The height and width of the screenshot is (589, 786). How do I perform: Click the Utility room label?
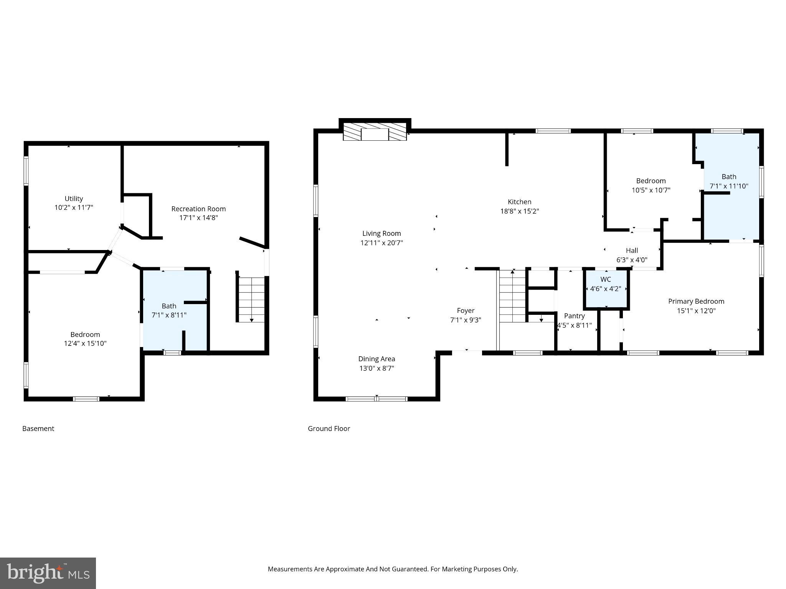74,199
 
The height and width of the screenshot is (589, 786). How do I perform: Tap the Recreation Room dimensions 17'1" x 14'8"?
198,218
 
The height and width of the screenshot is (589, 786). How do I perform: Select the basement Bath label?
169,306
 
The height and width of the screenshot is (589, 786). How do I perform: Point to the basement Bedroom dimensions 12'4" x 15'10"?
85,344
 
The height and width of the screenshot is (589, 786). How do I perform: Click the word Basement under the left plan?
38,429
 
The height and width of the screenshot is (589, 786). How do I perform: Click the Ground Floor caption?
329,429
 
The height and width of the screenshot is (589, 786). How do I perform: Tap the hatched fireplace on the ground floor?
375,132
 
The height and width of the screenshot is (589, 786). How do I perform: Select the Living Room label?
381,234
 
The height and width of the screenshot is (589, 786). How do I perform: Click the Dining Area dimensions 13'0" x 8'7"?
376,369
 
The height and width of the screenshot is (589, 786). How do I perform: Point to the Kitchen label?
519,202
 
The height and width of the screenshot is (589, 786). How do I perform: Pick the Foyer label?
466,311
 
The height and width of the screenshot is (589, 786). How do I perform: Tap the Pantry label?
574,316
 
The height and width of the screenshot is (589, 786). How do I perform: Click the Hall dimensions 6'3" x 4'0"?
632,260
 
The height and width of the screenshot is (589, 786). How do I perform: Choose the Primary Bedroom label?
696,301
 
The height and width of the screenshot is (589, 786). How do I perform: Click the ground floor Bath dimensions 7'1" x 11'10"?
729,186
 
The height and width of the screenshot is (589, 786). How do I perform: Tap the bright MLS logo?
48,573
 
